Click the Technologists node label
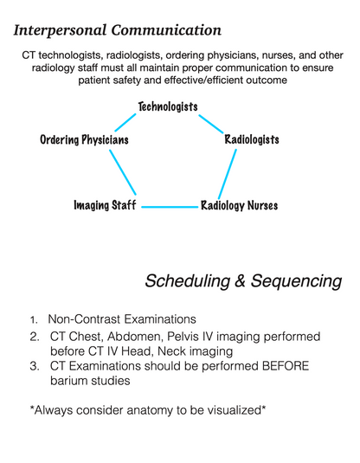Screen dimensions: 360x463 click(x=168, y=106)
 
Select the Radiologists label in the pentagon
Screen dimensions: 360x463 click(x=252, y=139)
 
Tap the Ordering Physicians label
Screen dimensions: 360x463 click(x=84, y=139)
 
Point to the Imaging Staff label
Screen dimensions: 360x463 click(x=105, y=205)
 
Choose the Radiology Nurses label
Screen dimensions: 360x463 click(x=239, y=205)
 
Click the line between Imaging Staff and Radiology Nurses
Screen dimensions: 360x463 click(x=170, y=207)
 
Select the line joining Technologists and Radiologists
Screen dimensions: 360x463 click(x=211, y=124)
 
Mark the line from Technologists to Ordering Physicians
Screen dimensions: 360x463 click(x=125, y=123)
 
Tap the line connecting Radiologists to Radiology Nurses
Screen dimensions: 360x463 click(x=227, y=174)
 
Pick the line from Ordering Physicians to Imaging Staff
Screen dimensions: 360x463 click(x=123, y=172)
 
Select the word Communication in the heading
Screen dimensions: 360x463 click(x=166, y=30)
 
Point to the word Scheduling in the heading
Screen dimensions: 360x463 click(x=188, y=280)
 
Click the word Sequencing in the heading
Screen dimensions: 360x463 click(x=296, y=280)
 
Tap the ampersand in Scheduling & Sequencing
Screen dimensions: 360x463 click(x=241, y=280)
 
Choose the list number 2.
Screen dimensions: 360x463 click(x=35, y=337)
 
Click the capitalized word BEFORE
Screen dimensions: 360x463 click(x=286, y=366)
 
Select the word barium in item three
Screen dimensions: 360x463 click(x=68, y=381)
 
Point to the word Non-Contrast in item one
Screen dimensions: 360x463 click(x=84, y=319)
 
